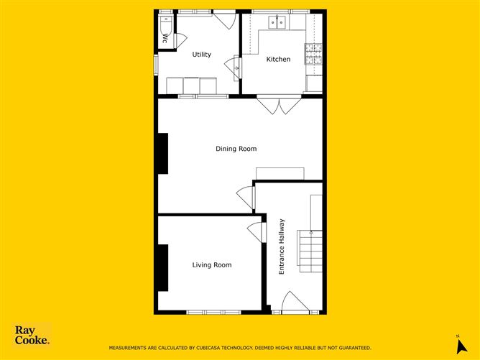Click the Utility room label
[x=201, y=55]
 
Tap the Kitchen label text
[x=278, y=59]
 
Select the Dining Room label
[x=236, y=149]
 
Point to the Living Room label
[x=212, y=265]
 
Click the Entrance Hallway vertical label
[x=282, y=246]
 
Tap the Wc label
[x=165, y=38]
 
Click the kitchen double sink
[x=277, y=22]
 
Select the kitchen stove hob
[x=313, y=54]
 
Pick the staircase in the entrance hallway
[x=310, y=251]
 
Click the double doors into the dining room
[x=279, y=105]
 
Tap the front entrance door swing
[x=295, y=301]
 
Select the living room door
[x=255, y=231]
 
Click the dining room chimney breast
[x=163, y=153]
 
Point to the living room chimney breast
[x=163, y=267]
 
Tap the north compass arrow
[x=461, y=346]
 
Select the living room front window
[x=213, y=313]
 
